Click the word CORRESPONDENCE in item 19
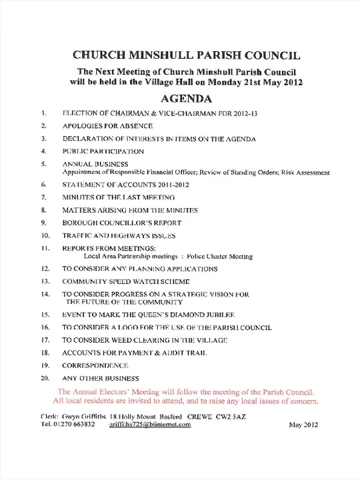pyautogui.click(x=95, y=366)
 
